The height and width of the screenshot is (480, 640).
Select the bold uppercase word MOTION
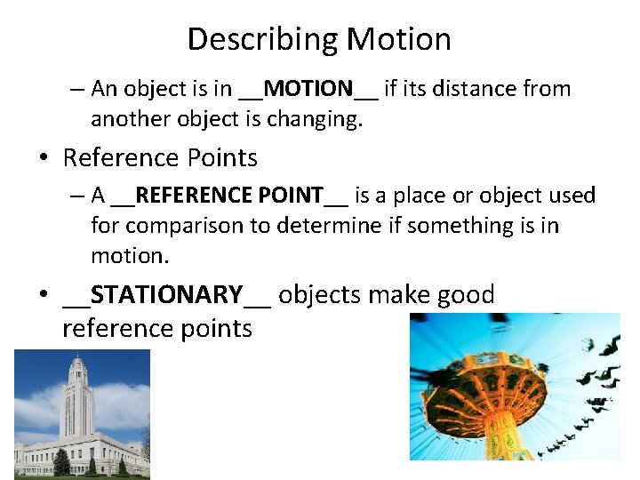coord(308,89)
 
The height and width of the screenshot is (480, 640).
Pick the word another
coord(129,120)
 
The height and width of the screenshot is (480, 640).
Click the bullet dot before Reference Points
coord(43,159)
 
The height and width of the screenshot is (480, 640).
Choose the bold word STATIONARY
coord(167,294)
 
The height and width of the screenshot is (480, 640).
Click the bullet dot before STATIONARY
coord(43,295)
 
